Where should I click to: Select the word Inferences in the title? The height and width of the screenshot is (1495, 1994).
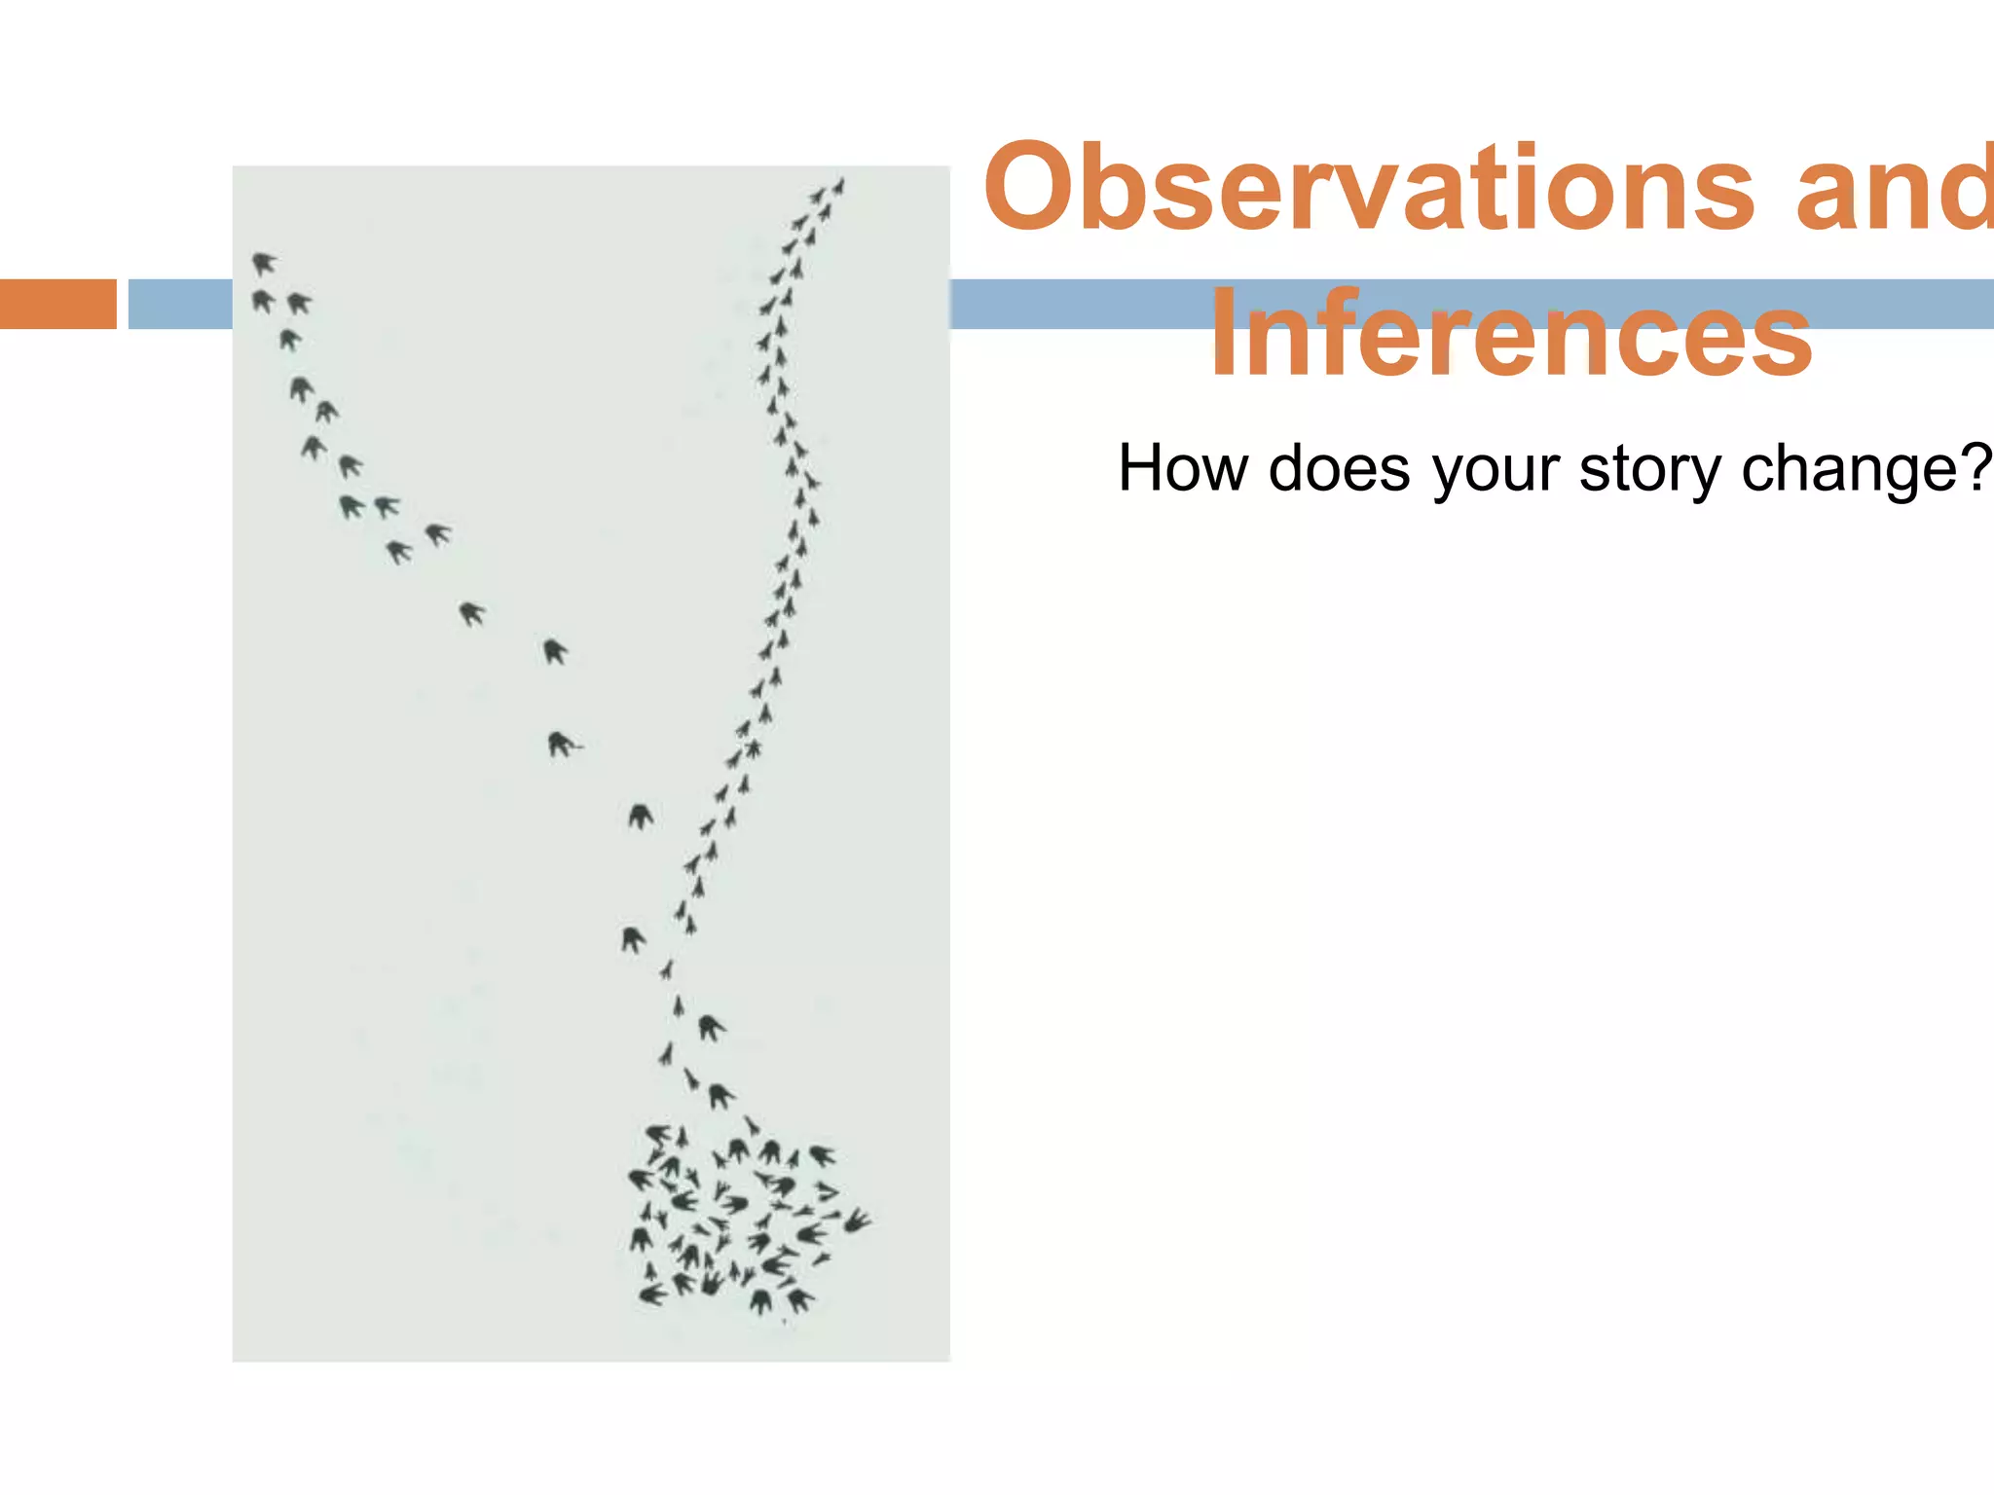click(1511, 335)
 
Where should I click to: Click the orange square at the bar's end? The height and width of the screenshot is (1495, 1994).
click(57, 304)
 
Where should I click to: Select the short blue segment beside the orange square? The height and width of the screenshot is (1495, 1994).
click(180, 304)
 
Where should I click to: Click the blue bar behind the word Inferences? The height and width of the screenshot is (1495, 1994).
click(1071, 304)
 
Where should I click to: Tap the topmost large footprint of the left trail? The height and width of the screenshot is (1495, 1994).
click(263, 263)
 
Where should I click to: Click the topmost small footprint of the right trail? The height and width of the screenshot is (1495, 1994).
click(838, 185)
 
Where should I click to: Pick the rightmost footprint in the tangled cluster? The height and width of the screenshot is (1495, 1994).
click(857, 1221)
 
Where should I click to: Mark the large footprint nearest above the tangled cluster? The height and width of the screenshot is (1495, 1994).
click(720, 1096)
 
